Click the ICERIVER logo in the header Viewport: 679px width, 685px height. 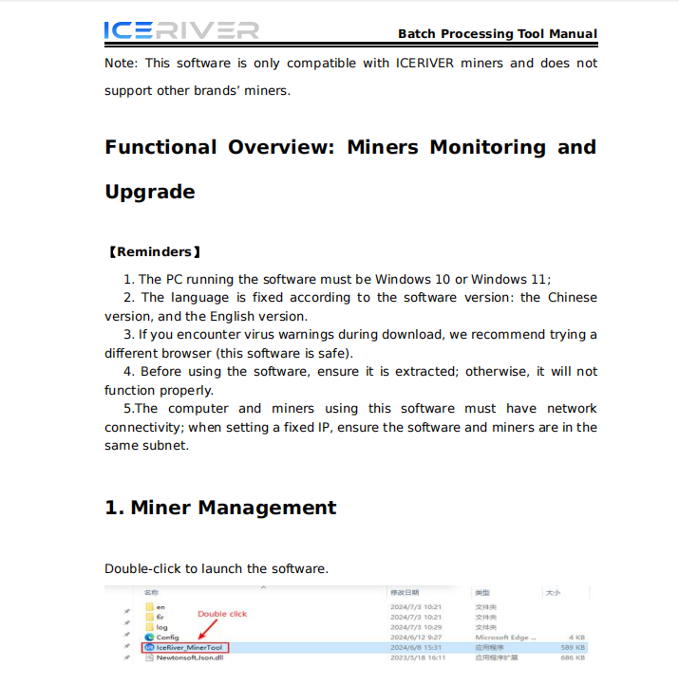click(180, 30)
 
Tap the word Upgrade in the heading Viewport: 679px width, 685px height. click(150, 192)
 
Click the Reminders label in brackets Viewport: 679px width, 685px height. click(154, 252)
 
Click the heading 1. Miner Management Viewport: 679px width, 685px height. click(220, 508)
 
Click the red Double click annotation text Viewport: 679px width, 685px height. click(222, 614)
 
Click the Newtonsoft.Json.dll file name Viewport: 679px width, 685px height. click(190, 657)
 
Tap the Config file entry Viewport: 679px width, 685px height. click(167, 638)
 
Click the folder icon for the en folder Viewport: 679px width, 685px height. click(149, 606)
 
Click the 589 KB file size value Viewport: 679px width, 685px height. click(573, 647)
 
